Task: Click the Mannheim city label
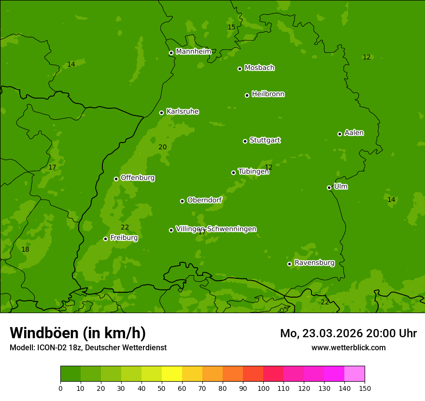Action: (x=193, y=52)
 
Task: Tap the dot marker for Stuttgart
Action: (x=245, y=141)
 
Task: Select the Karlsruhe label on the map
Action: (x=182, y=112)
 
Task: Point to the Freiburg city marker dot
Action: (x=105, y=239)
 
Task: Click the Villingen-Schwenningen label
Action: (x=216, y=229)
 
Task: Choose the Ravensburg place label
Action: (x=314, y=263)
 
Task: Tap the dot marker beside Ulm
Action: (x=329, y=187)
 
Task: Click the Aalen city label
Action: (x=354, y=133)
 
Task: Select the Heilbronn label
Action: (x=268, y=94)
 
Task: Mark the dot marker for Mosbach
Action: (x=240, y=69)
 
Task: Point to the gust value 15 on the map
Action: (x=231, y=28)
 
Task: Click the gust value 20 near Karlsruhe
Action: (x=163, y=147)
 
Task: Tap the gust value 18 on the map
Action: (x=25, y=250)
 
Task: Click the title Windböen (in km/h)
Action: (x=78, y=333)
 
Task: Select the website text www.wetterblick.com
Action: (x=348, y=347)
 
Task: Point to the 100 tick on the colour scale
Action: (x=263, y=388)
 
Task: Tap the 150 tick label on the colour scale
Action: (x=364, y=388)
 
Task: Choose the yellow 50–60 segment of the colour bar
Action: (x=172, y=373)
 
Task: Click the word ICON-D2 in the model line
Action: (x=51, y=347)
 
